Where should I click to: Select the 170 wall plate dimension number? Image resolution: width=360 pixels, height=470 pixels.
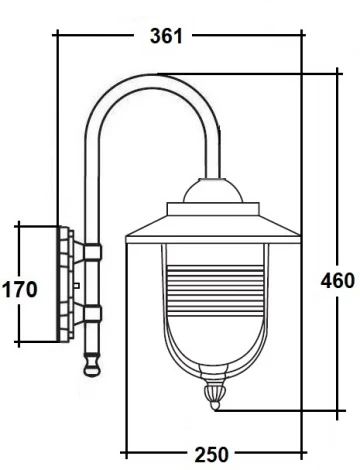21,290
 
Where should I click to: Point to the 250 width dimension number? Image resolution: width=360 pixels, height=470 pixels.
210,455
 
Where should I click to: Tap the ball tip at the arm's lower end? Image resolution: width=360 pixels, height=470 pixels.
92,366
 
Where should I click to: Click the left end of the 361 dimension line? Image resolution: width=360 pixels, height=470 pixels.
57,36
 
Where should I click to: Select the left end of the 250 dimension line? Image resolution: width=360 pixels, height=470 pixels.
124,453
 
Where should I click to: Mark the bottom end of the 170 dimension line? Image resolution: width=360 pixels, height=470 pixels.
18,343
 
